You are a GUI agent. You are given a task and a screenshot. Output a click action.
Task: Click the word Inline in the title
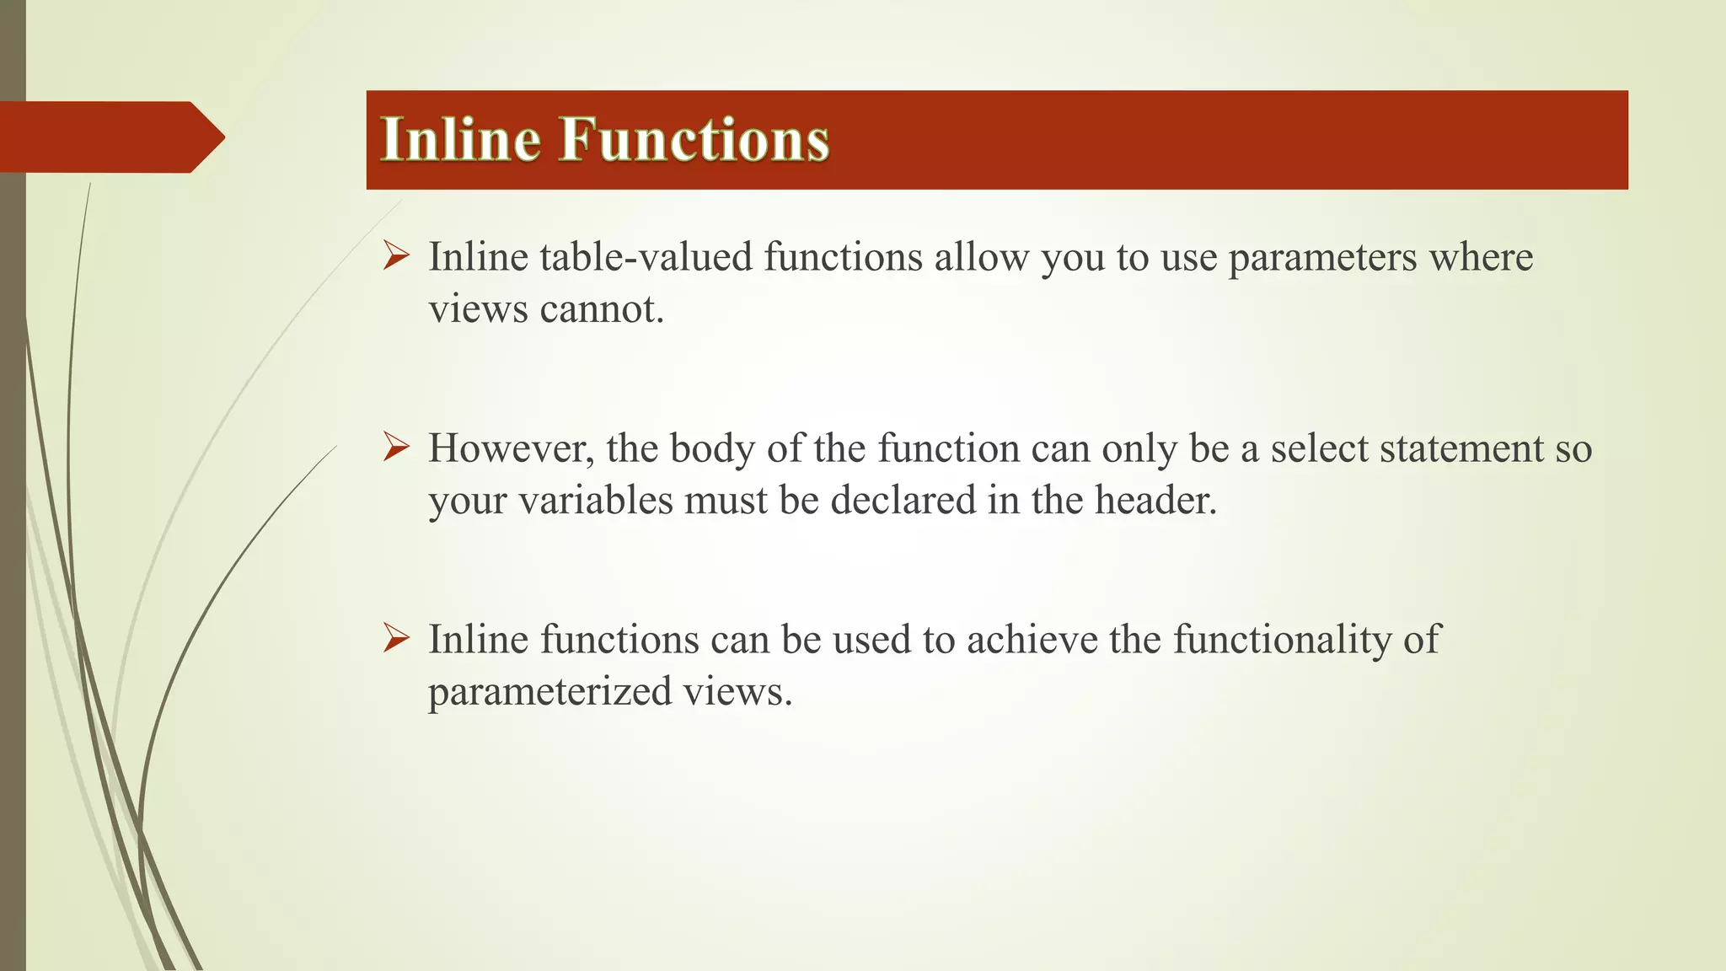[x=460, y=139]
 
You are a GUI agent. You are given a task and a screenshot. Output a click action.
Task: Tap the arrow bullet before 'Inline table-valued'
[x=396, y=255]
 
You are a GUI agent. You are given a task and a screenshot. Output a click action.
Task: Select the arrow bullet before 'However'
[x=396, y=447]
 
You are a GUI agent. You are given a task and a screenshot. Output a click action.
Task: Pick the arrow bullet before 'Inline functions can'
[x=396, y=638]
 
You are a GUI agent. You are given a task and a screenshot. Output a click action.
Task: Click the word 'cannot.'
[x=602, y=309]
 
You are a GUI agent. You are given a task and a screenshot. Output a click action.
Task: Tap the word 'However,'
[x=511, y=448]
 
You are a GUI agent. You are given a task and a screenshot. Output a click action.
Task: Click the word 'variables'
[x=595, y=501]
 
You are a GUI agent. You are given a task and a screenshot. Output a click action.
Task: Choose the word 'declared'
[x=903, y=501]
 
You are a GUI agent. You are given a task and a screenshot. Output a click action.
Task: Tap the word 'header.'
[x=1155, y=501]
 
